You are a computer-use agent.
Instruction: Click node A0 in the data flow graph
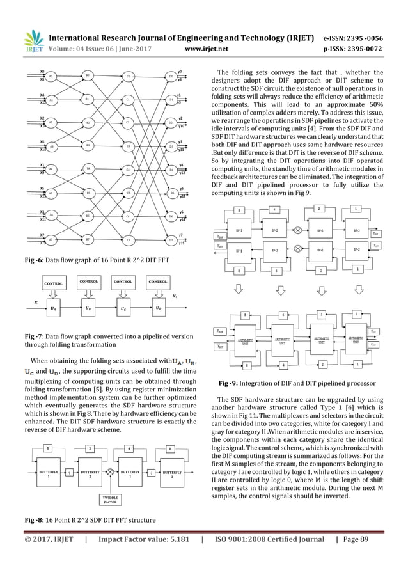point(51,76)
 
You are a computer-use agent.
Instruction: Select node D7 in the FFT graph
point(171,240)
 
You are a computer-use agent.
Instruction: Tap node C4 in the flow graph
point(129,170)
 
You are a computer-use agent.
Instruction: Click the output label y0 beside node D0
point(180,72)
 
